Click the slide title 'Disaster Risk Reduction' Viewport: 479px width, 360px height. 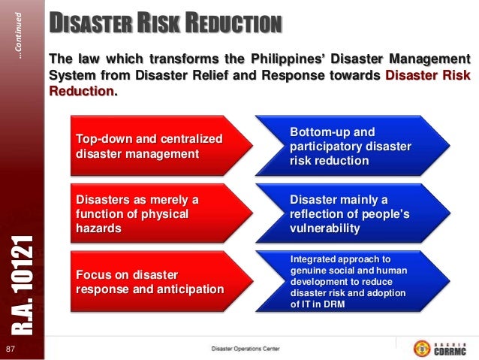(165, 23)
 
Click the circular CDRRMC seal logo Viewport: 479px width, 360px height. (422, 349)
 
